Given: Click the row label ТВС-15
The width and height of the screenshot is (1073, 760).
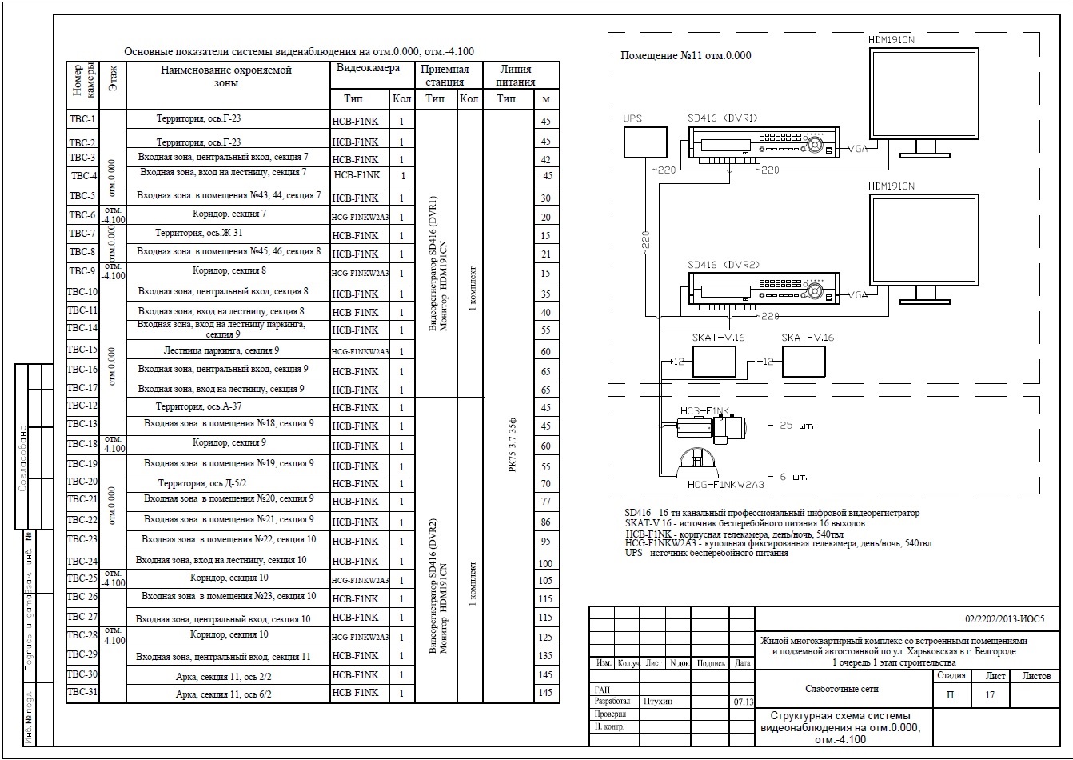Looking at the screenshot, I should coord(82,350).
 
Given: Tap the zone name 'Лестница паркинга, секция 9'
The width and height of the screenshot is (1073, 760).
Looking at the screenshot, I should coord(221,350).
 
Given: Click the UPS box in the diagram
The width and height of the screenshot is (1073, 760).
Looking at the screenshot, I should coord(644,142).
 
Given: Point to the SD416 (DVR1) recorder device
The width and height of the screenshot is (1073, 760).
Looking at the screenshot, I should coord(764,145).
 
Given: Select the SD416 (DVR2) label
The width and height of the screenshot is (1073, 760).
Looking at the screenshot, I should coord(724,265).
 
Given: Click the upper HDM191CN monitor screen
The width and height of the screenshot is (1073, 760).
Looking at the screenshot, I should coord(923,92).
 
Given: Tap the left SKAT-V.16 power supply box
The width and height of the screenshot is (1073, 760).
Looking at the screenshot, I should coord(714,362).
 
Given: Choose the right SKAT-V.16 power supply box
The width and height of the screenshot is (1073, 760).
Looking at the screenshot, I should coord(804,362).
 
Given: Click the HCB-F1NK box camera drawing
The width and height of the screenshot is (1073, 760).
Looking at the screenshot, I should coord(712,427).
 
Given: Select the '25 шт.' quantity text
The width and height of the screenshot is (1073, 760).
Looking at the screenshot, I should coord(796,426).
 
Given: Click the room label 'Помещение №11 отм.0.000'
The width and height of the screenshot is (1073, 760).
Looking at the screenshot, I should coord(686,56).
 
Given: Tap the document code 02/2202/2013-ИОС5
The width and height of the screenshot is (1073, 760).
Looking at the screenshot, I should coord(1004,619).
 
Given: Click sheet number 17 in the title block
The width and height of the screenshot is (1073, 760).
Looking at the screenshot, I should coord(990,695).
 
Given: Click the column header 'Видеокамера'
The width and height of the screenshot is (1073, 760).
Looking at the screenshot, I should coord(368,69).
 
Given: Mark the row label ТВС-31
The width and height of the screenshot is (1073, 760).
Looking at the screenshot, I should coord(82,692).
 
